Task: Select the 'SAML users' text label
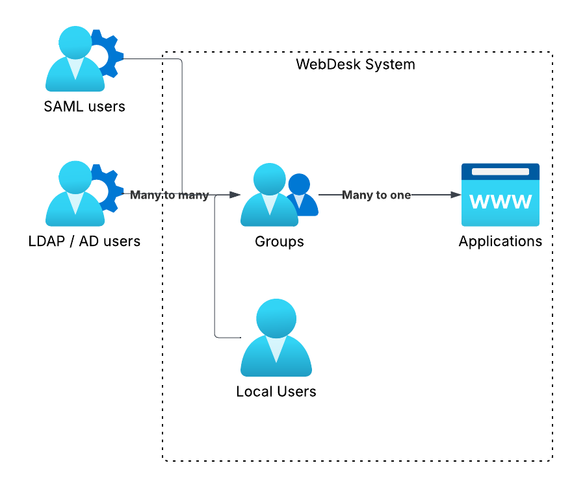coord(84,106)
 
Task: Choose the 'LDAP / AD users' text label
coord(84,242)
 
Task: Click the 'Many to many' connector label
coord(170,195)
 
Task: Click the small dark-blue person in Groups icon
coord(300,194)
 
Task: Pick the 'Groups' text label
coord(279,242)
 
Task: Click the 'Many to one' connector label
coord(376,195)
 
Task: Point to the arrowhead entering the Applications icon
coord(456,195)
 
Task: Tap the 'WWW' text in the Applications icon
coord(500,203)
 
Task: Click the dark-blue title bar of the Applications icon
coord(500,171)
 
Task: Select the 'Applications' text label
coord(500,242)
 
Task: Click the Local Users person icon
coord(276,338)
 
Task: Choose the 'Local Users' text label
coord(276,392)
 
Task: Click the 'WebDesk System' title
coord(356,65)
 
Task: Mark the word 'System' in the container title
coord(391,65)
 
